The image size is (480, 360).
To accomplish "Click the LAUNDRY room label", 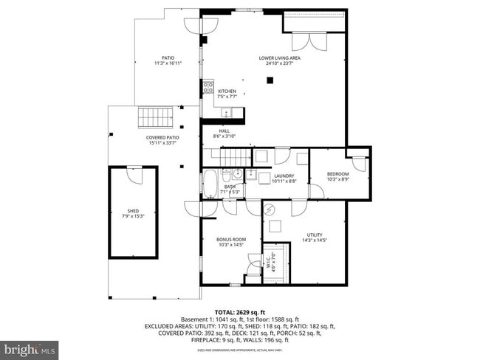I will tap(283, 178).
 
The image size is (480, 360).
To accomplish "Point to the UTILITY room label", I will tap(315, 238).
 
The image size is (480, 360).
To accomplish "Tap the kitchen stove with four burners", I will tap(209, 90).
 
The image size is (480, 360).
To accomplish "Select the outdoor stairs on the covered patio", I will tap(156, 117).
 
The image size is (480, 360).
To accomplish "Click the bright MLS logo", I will tap(30, 347).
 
